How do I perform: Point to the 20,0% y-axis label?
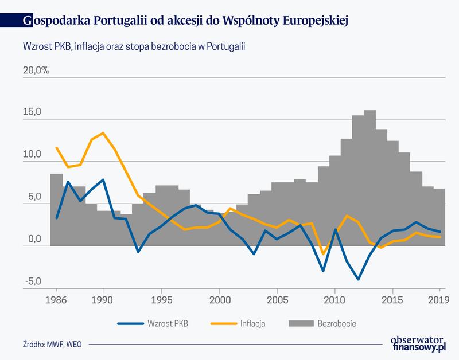36,71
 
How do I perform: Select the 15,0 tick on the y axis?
32,113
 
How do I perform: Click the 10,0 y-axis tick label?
32,155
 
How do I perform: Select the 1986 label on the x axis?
56,300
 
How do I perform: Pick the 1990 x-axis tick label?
103,300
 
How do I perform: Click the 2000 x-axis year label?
220,300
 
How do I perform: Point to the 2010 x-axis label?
334,300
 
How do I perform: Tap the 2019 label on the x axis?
439,300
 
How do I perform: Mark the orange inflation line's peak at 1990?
103,133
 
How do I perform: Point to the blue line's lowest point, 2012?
358,279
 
